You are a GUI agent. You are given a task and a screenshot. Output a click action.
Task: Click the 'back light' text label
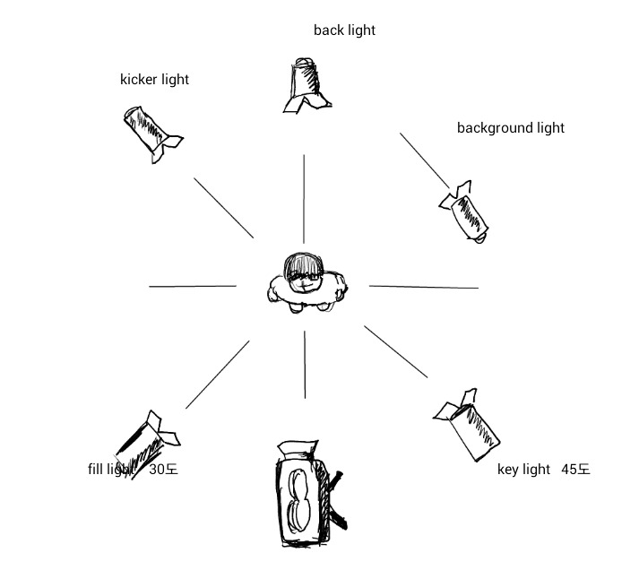(x=344, y=30)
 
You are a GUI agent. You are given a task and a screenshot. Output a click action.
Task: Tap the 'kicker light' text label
(x=154, y=80)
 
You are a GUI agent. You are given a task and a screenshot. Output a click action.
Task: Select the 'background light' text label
(x=510, y=128)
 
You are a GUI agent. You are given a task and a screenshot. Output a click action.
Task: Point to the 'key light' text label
(x=523, y=470)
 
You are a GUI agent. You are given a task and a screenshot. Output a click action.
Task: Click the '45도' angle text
(x=575, y=470)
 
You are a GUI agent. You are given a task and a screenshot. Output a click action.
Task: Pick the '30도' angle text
(x=163, y=470)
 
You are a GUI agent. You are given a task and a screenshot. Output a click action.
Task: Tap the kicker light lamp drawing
(x=151, y=133)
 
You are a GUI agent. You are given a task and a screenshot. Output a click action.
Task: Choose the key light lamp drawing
(x=469, y=427)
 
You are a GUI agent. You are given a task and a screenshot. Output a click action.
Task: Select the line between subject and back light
(x=304, y=197)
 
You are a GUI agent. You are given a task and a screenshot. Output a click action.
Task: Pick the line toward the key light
(x=396, y=350)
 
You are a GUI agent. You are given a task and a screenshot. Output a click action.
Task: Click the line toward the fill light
(x=218, y=374)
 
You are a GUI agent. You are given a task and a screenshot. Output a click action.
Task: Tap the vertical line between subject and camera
(x=305, y=364)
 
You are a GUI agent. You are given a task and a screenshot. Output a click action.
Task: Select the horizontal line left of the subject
(x=193, y=287)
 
